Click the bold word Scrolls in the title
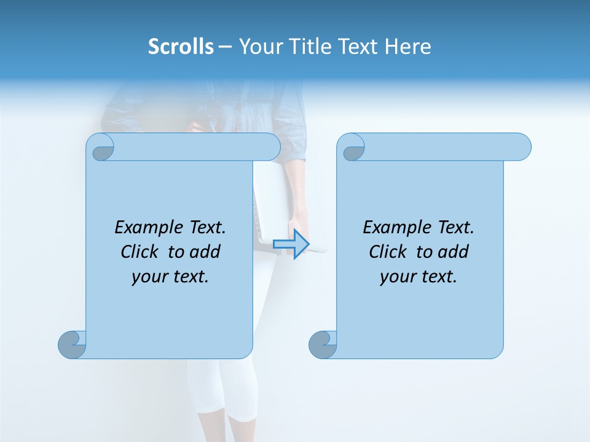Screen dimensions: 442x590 181,47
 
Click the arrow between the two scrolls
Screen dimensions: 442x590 291,244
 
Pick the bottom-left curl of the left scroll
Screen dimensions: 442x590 73,344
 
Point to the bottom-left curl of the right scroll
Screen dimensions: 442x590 323,344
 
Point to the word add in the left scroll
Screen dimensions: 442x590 206,252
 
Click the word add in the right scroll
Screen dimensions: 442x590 454,252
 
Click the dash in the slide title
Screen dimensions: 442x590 225,47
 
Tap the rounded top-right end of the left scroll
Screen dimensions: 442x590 270,147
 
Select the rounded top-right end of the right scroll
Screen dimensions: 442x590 521,147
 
